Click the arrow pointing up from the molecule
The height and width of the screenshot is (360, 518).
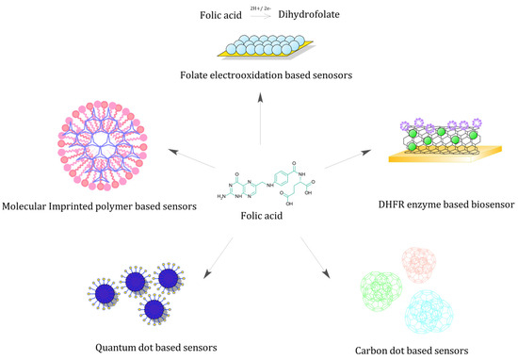click(x=259, y=118)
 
